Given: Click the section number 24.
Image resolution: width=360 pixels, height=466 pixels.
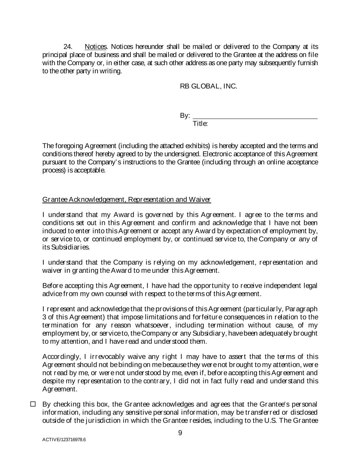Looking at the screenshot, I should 68,46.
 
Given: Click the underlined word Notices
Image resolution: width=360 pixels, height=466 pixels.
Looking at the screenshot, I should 96,46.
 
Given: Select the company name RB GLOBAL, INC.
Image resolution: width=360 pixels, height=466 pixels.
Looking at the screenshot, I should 208,86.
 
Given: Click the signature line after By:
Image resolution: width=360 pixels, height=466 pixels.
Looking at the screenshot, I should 255,116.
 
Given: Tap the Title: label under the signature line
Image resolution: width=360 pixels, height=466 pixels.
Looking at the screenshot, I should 200,124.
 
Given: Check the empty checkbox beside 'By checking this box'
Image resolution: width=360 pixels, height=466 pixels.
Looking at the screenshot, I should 33,404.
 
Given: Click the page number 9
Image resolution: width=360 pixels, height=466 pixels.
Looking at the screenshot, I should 180,433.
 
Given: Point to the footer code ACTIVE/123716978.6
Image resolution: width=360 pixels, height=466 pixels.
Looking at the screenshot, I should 64,440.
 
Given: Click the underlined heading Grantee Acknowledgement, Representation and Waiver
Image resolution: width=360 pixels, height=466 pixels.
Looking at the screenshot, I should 127,199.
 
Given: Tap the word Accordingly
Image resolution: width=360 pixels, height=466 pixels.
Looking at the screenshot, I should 61,357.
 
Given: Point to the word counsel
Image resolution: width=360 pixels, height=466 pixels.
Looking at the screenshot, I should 129,294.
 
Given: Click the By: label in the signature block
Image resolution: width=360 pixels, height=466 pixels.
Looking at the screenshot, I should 185,116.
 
